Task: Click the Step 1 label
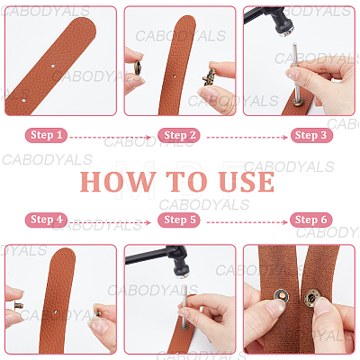click(x=46, y=135)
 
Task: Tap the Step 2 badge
click(x=179, y=135)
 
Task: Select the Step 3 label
click(x=311, y=135)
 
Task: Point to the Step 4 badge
click(x=46, y=220)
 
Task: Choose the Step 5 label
click(x=179, y=220)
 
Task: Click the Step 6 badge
click(x=311, y=220)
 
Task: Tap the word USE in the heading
click(x=247, y=182)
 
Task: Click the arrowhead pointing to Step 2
click(x=148, y=138)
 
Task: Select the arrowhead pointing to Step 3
click(x=284, y=138)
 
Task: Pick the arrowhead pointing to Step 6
click(x=284, y=222)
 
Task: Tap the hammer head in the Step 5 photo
click(x=179, y=261)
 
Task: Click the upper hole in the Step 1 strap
click(x=53, y=66)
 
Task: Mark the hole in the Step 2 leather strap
click(x=175, y=76)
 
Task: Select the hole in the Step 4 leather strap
click(x=56, y=312)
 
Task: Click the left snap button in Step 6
click(x=282, y=295)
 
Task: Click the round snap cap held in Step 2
click(x=139, y=67)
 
